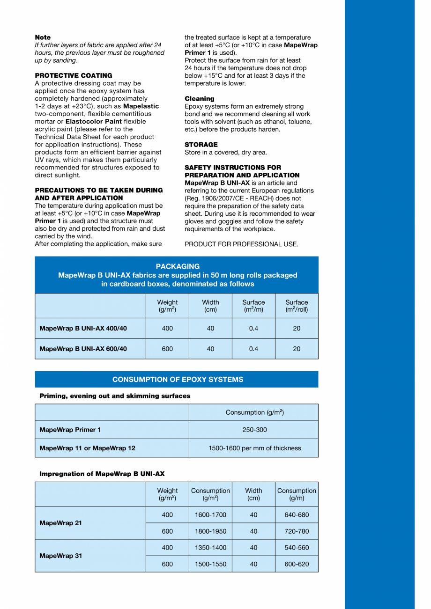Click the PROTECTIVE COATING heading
tap(74, 75)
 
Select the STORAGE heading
tap(201, 145)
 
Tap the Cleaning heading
tap(200, 99)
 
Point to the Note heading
tap(43, 37)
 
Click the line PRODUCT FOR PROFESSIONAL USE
tap(241, 244)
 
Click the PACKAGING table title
tap(178, 266)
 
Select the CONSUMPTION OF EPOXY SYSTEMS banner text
tap(178, 380)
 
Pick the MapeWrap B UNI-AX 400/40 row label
tap(83, 329)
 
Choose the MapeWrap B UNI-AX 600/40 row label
tap(83, 349)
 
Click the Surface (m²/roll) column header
tap(297, 306)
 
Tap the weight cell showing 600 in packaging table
tap(167, 349)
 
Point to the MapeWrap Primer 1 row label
tap(70, 430)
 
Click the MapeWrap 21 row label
tap(60, 523)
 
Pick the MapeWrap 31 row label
tap(60, 556)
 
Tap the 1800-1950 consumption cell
tap(210, 531)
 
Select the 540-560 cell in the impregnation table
tap(297, 548)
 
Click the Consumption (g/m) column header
tap(297, 494)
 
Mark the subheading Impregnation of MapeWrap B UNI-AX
tap(102, 474)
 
